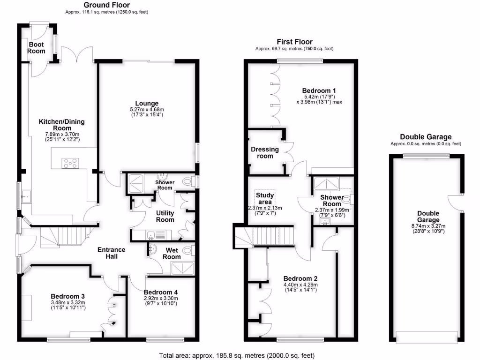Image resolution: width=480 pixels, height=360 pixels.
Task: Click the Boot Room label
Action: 36,48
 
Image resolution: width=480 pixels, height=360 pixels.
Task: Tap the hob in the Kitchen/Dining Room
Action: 71,164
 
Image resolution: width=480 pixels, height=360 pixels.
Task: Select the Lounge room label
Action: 147,104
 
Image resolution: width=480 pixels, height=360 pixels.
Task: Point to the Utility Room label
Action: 165,216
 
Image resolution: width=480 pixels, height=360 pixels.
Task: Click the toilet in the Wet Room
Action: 189,250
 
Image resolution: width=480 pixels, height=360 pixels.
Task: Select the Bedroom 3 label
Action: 67,296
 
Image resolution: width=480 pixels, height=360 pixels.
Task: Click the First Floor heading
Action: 294,42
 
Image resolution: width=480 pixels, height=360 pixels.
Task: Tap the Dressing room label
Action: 265,153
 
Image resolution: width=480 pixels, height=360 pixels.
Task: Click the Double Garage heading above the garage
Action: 426,137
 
